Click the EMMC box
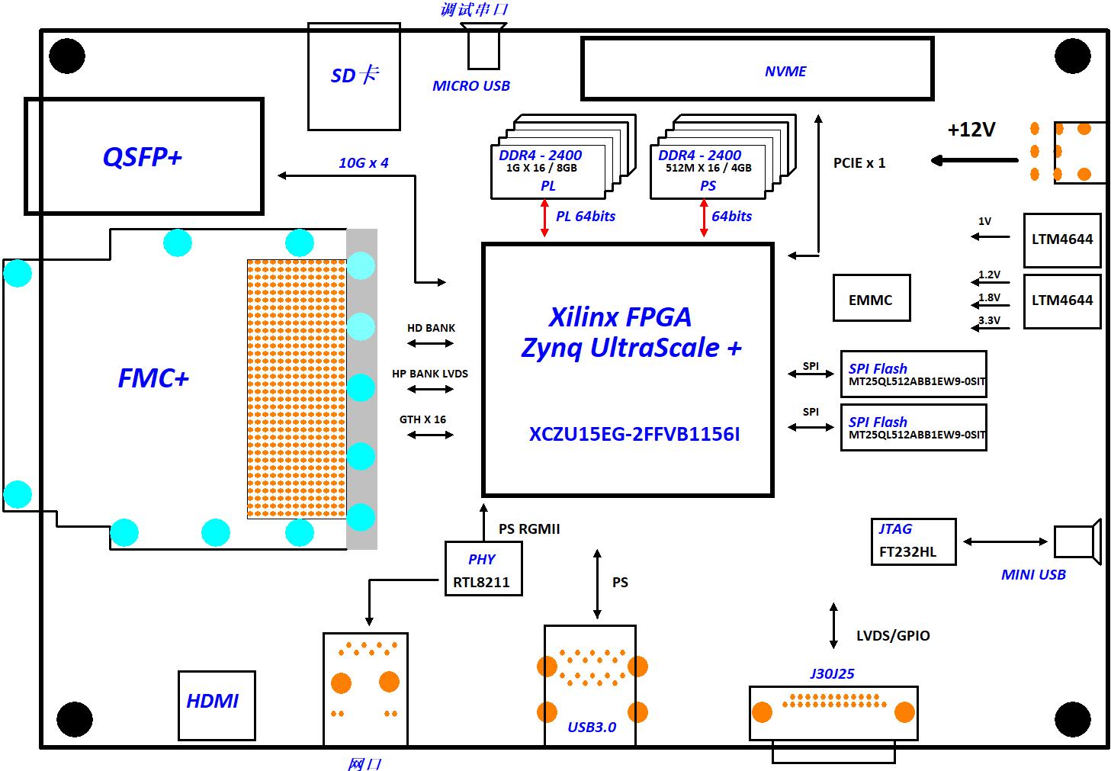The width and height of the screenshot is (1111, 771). [x=871, y=298]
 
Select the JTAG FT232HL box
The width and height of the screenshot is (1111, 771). [x=913, y=541]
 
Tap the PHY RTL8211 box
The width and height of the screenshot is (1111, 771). [x=483, y=569]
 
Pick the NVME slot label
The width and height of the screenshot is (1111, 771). [x=785, y=71]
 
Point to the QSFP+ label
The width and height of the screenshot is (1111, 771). [x=143, y=157]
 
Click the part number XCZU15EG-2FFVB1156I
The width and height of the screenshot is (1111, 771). [x=634, y=434]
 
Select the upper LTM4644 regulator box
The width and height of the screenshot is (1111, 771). [x=1061, y=239]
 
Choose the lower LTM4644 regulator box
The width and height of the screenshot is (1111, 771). [x=1061, y=300]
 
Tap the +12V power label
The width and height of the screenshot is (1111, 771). [x=971, y=130]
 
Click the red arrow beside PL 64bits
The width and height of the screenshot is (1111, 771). [x=544, y=218]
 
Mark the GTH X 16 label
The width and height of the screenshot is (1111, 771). [x=422, y=419]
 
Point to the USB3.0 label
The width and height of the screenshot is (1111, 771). [x=591, y=727]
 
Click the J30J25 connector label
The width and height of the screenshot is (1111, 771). [x=831, y=673]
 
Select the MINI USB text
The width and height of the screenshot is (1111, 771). [x=1032, y=574]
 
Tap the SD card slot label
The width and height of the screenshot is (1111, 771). [x=354, y=75]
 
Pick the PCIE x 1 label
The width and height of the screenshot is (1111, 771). [x=859, y=163]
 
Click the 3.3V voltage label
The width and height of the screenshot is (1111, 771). [x=989, y=320]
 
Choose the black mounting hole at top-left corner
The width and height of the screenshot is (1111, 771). [x=67, y=56]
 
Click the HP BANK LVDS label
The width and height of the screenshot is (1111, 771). [x=430, y=374]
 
